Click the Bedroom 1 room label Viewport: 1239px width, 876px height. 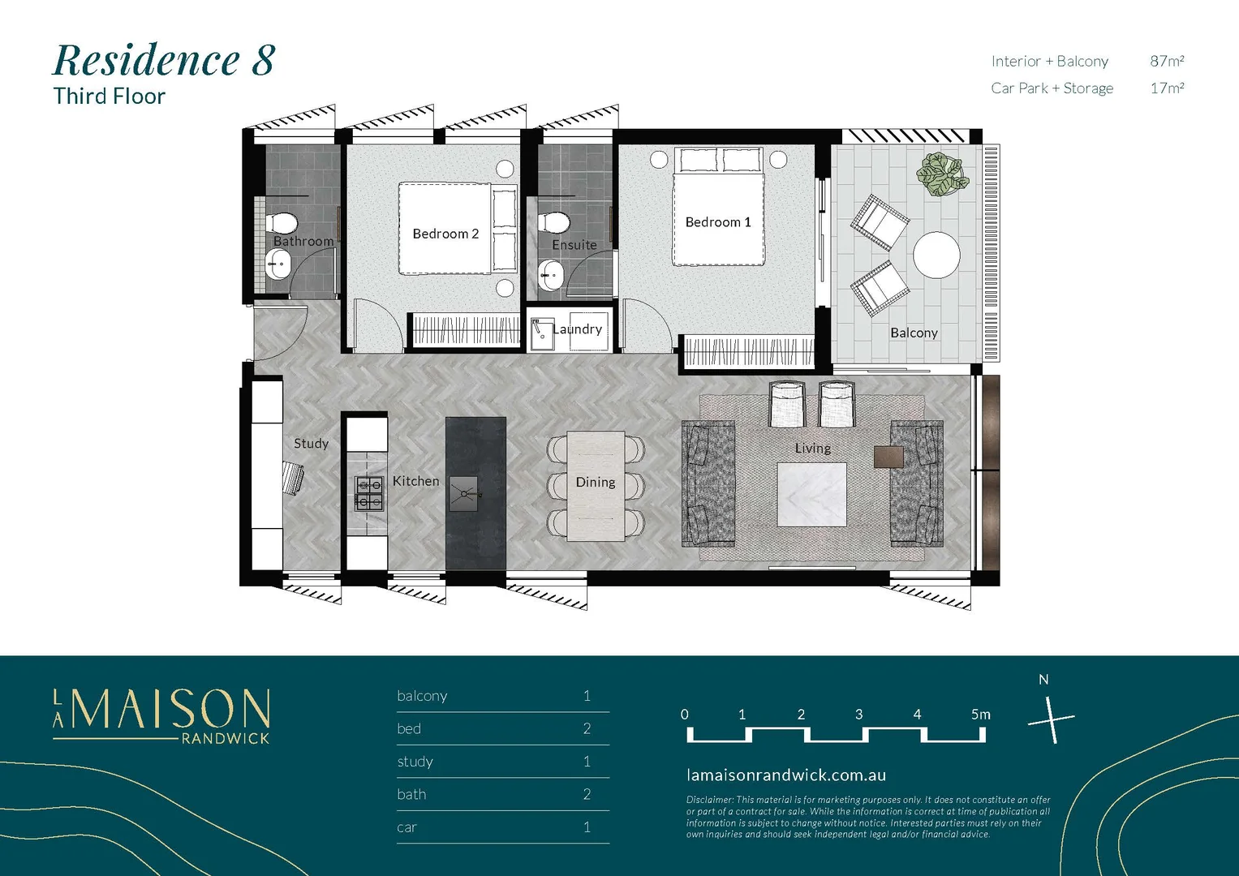tap(718, 222)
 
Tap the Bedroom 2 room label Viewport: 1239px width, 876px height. tap(445, 234)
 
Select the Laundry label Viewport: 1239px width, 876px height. tap(578, 329)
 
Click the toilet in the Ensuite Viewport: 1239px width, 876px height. tap(555, 221)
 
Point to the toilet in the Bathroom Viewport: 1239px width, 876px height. tap(283, 221)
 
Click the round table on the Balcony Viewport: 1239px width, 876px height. tap(936, 255)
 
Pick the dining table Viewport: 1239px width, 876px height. tap(596, 486)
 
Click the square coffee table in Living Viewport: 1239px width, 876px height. tap(811, 495)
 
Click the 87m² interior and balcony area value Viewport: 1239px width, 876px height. tap(1166, 61)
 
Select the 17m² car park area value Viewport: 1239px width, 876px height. tap(1166, 88)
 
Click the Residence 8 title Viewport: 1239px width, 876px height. tap(164, 60)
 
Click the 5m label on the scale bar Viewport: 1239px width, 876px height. tap(980, 715)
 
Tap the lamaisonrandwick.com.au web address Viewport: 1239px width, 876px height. tap(785, 775)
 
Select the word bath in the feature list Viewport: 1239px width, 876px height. tap(411, 794)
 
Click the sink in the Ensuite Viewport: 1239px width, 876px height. tap(552, 275)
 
